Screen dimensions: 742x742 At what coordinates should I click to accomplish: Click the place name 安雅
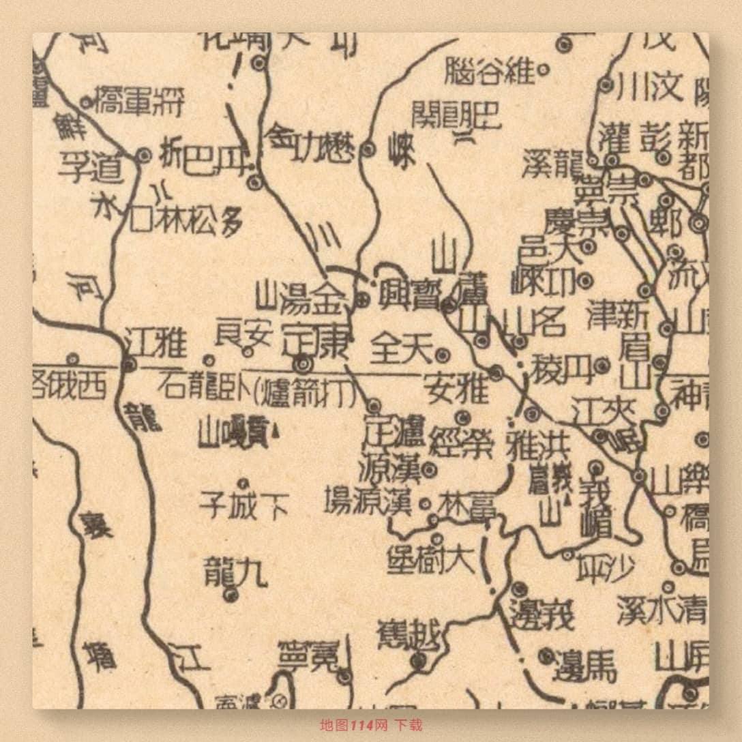click(x=456, y=388)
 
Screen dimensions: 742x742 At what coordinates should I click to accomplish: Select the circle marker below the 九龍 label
click(x=231, y=595)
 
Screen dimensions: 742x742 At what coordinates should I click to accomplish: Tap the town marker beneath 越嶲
click(x=417, y=659)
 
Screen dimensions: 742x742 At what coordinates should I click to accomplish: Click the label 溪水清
click(x=662, y=609)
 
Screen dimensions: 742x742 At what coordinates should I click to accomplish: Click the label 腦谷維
click(x=489, y=71)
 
